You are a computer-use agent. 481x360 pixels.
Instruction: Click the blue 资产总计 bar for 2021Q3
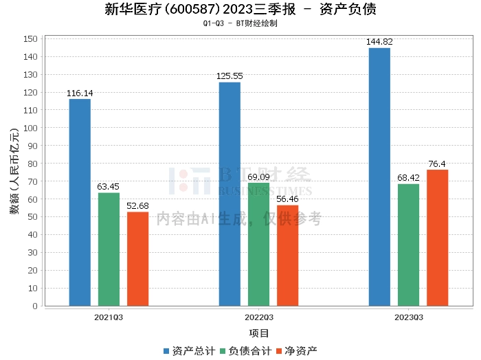(80, 203)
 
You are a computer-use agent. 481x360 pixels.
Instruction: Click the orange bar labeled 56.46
(287, 256)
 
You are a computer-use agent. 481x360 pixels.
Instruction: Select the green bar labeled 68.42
(408, 245)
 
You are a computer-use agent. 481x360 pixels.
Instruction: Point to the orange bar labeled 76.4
(437, 238)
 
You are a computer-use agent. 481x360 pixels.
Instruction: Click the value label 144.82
(379, 42)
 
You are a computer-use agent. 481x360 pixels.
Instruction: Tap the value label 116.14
(80, 93)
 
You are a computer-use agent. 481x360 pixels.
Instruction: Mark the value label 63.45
(109, 186)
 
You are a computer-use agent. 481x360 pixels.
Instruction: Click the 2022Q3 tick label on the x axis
(258, 317)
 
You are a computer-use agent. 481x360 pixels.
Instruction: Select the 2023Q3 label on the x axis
(408, 317)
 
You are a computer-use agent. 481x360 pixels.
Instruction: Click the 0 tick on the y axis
(34, 306)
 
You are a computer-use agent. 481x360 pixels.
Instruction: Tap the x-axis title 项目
(258, 333)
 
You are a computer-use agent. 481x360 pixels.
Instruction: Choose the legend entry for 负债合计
(245, 351)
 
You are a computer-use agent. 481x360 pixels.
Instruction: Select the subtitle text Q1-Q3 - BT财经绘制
(240, 23)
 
